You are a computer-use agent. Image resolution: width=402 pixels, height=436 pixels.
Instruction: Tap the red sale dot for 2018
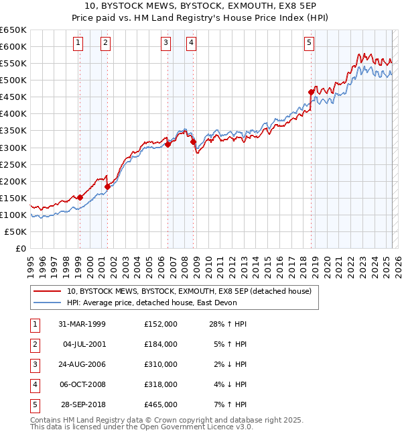312,92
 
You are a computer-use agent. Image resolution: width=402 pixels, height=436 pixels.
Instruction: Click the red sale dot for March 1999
80,197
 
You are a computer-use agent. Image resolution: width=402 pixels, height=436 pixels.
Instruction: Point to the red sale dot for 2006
168,144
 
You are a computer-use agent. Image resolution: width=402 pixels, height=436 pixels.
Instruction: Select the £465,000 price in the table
161,404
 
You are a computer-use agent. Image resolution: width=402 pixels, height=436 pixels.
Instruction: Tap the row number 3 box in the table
33,364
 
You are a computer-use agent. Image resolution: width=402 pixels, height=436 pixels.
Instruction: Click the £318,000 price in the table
161,384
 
